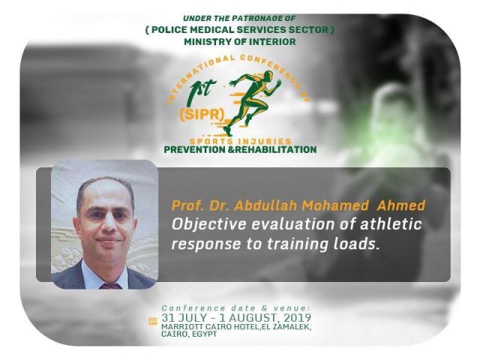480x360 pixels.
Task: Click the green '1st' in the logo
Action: click(202, 88)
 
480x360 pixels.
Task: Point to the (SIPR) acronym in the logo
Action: click(202, 115)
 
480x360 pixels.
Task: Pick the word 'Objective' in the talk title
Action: click(208, 225)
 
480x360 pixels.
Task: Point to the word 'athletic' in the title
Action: click(391, 223)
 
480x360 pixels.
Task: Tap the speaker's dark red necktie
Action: click(110, 286)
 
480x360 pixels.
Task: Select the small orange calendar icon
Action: click(153, 322)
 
